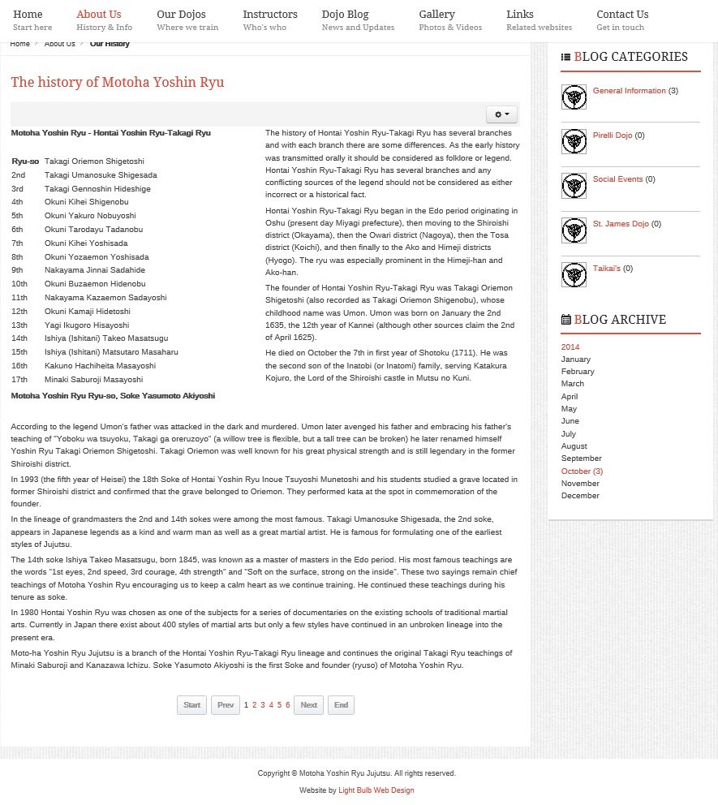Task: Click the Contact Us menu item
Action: pos(621,15)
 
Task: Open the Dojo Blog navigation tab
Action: pos(345,15)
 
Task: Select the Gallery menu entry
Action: pos(436,15)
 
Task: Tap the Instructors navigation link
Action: pos(269,15)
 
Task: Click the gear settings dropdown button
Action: pos(501,114)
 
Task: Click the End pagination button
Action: pos(341,705)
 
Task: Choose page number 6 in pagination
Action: pos(287,705)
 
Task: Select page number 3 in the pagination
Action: pos(263,705)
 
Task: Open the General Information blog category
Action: pos(629,91)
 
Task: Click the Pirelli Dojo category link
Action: pos(613,136)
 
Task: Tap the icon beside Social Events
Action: pos(574,186)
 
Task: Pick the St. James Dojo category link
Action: pos(621,224)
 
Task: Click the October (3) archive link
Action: pos(582,471)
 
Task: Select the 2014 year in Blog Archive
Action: pos(570,347)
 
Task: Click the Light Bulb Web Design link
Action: pos(376,790)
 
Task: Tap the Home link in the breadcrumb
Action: pos(19,44)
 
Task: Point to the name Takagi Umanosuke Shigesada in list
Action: pos(101,175)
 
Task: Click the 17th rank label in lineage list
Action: pos(19,380)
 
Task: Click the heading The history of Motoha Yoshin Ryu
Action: pos(117,83)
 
